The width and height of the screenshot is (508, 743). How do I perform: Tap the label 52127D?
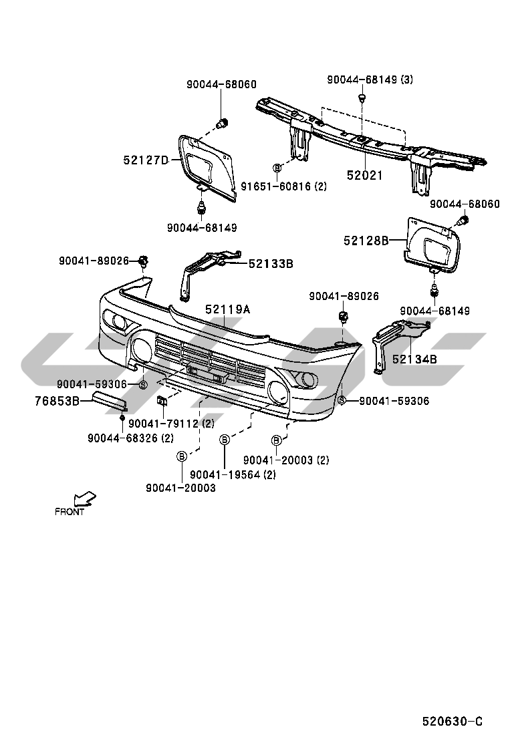click(146, 160)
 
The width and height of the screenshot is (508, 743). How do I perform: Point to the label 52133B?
click(271, 263)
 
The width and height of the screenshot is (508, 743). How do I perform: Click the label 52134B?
click(414, 359)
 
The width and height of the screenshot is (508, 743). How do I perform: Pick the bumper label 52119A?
click(227, 309)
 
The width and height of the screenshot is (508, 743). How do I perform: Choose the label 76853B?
click(57, 402)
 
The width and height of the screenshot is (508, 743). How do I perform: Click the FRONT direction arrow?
click(86, 498)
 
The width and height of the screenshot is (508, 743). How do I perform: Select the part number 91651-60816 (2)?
click(284, 187)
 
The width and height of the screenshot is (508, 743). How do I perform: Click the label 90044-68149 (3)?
click(370, 80)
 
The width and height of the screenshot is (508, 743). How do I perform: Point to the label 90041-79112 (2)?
click(171, 424)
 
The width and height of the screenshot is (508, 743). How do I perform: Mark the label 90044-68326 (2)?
click(130, 438)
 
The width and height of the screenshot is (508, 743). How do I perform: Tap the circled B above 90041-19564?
click(225, 439)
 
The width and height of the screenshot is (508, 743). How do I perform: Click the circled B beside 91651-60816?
click(276, 168)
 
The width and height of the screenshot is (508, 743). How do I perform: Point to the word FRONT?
click(70, 512)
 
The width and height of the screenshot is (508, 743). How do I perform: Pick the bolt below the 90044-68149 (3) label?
click(362, 99)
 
